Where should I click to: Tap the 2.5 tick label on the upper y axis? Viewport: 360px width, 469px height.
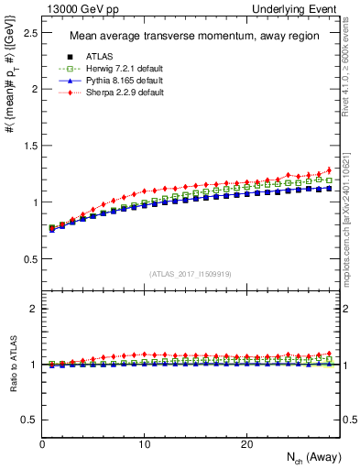28,33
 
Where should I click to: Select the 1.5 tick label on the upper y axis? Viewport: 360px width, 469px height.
28,146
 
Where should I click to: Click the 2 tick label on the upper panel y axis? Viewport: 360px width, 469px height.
33,89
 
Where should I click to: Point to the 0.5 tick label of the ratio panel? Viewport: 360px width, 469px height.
28,420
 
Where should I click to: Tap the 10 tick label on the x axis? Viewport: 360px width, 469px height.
144,444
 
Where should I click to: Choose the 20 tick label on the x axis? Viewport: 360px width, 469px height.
245,444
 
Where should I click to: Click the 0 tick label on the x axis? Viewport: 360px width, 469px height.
43,444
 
